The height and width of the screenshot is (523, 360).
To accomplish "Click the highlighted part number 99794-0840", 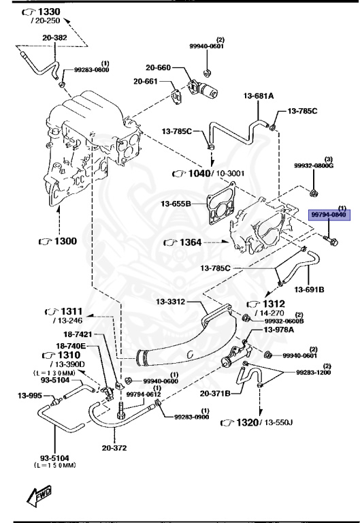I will pos(329,214).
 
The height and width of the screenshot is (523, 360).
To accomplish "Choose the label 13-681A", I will pos(257,96).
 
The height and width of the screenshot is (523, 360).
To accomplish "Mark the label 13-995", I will pos(31,395).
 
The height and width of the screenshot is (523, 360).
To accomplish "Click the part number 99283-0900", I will pos(192,417).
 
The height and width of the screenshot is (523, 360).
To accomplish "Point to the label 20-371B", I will pos(216,393).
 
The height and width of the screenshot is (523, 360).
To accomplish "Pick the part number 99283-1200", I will pos(314,373).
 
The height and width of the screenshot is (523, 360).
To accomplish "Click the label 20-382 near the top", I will pos(54,38).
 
